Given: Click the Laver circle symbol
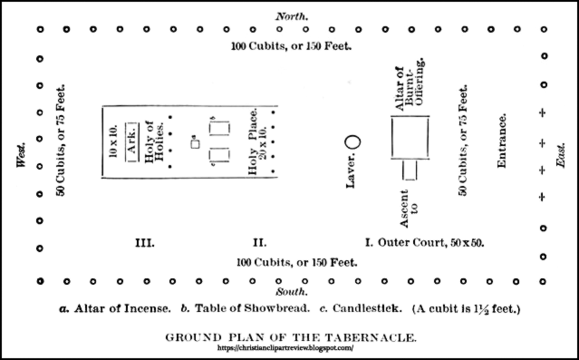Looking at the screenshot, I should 353,142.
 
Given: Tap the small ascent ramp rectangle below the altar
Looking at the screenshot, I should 410,170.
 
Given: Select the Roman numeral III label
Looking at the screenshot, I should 143,243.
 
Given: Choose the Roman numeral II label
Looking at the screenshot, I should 259,243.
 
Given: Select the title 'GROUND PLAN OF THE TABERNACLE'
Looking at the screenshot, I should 289,336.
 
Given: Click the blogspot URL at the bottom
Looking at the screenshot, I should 287,347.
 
